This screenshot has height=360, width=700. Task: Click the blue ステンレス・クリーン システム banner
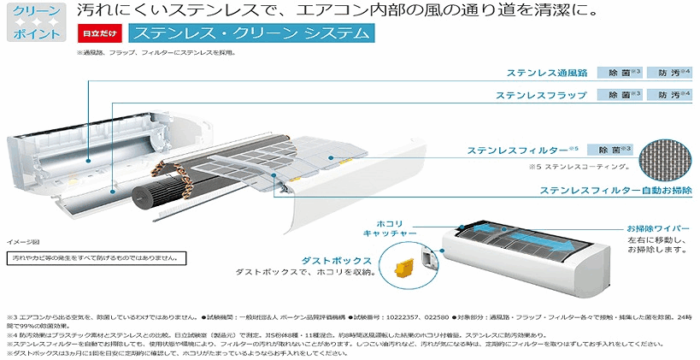250,34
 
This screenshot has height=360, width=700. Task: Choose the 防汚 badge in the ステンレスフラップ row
668,95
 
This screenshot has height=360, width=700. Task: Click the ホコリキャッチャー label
389,227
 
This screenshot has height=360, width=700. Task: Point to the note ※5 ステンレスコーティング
568,166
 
